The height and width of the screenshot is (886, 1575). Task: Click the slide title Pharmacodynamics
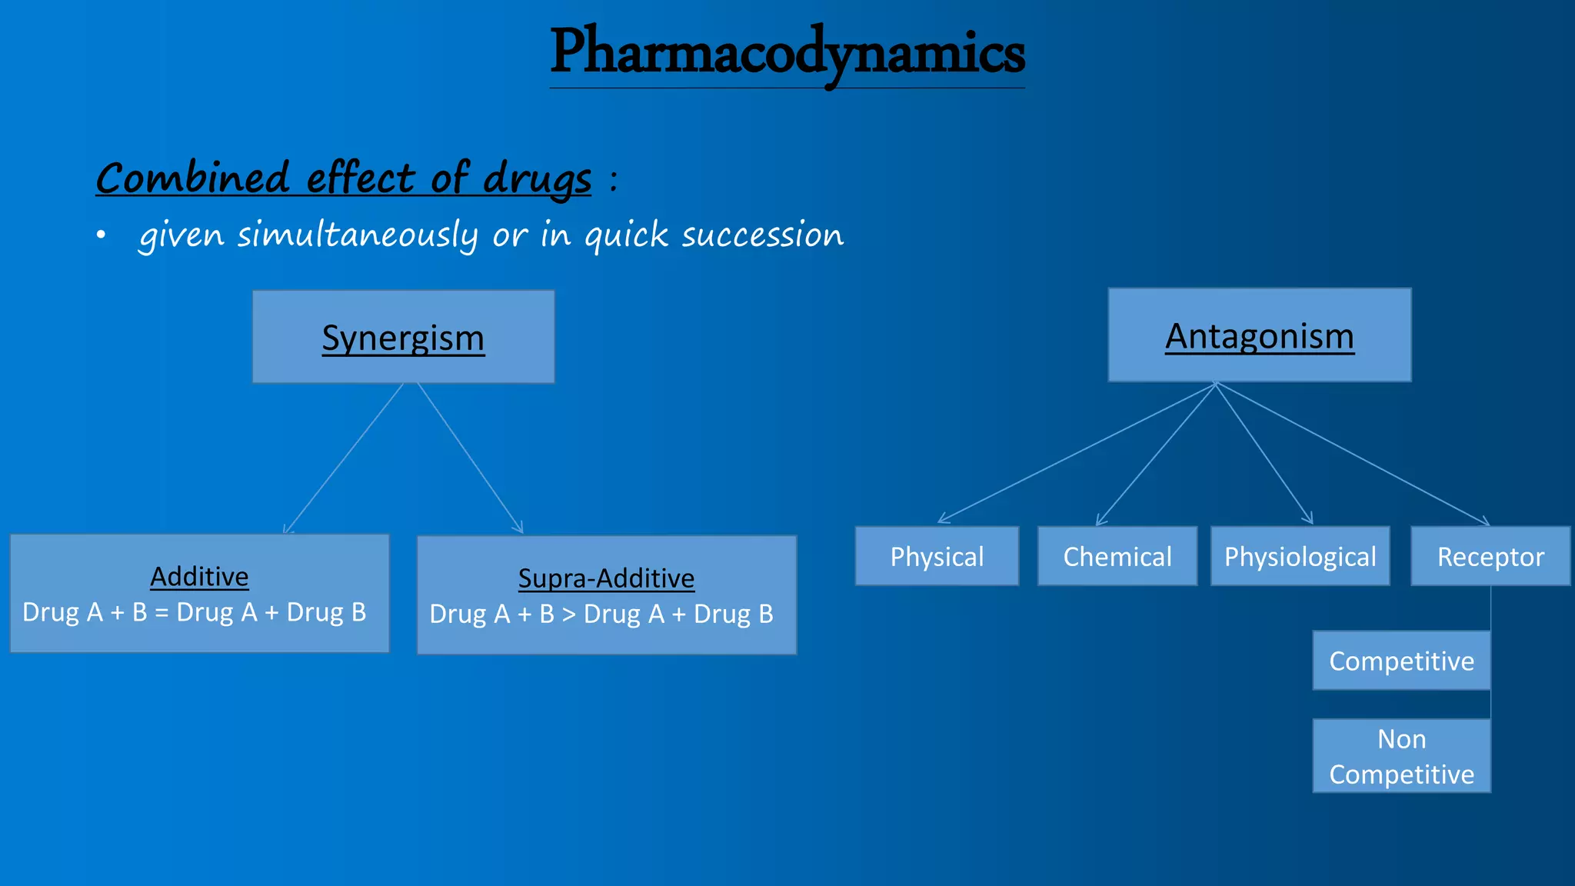coord(787,52)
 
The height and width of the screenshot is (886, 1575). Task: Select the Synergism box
coord(403,337)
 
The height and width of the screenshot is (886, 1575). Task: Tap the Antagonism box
coord(1259,335)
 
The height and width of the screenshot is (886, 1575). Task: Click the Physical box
coord(937,556)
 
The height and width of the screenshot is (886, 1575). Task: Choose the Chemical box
coord(1117,556)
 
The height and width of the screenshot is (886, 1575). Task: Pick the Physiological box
coord(1300,556)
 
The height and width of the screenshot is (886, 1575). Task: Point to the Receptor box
coord(1490,556)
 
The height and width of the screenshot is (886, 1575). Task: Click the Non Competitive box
coord(1401,756)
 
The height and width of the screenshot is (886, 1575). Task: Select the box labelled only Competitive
coord(1401,661)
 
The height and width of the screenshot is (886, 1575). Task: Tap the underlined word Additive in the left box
coord(199,576)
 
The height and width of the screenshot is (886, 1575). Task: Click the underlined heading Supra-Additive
coord(606,578)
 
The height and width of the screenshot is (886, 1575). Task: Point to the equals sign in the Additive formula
coord(161,613)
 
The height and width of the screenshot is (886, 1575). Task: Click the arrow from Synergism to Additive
coord(343,458)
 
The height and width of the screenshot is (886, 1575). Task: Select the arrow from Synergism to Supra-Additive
coord(470,458)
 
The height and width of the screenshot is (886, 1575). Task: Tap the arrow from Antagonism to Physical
coord(1077,453)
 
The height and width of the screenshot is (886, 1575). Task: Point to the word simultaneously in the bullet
coord(357,235)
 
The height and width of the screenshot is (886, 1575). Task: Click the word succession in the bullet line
coord(762,235)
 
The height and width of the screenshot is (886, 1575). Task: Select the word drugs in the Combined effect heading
coord(537,179)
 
